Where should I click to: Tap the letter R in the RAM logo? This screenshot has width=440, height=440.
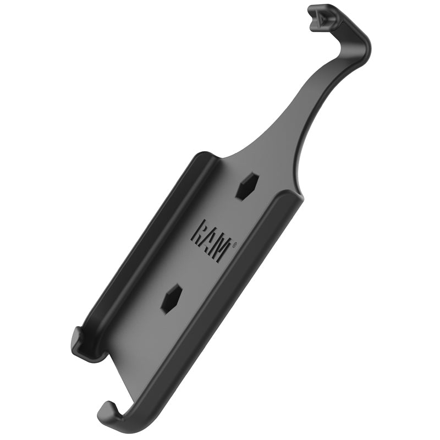click(200, 232)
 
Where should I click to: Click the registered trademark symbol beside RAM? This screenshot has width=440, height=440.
click(235, 246)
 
